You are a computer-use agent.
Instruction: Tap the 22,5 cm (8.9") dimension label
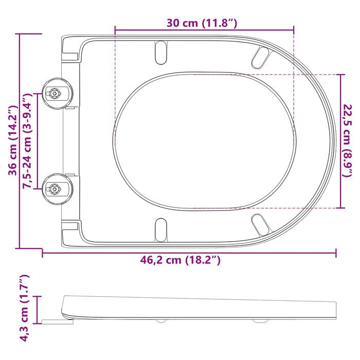point(348,140)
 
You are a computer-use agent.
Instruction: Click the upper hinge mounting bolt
point(53,94)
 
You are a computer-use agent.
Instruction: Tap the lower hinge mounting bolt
point(53,189)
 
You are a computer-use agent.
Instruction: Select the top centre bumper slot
point(161,51)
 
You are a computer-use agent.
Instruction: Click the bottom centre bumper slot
point(161,229)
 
